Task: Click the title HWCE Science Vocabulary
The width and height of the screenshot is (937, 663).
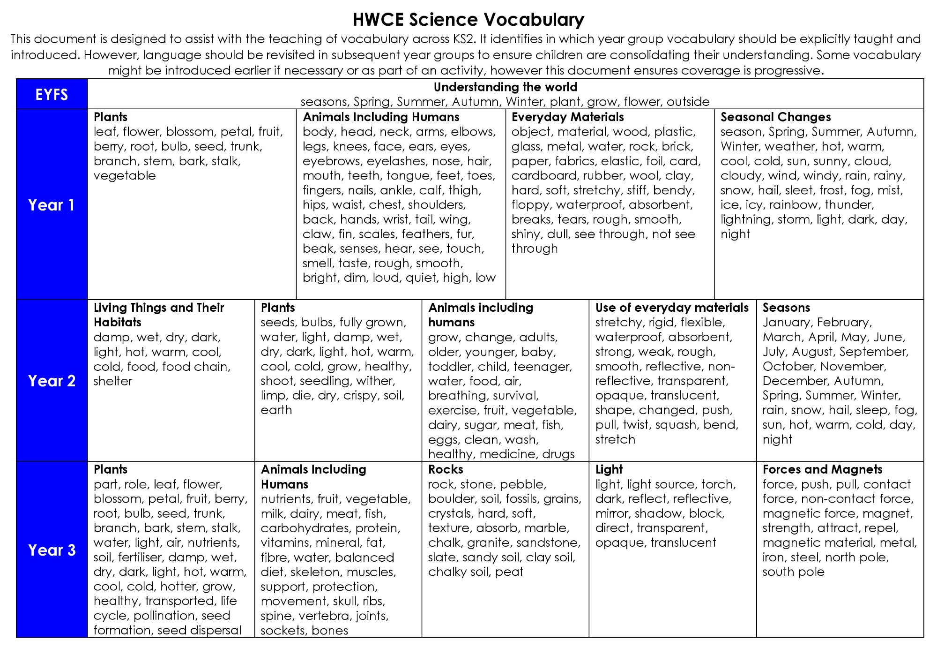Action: click(468, 20)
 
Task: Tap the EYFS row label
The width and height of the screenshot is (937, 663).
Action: click(52, 94)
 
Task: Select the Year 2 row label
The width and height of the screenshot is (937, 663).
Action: click(52, 381)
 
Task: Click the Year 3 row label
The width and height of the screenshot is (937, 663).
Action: click(52, 550)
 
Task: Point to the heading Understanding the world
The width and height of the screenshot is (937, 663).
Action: click(505, 87)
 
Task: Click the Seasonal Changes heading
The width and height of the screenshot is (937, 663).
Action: click(775, 117)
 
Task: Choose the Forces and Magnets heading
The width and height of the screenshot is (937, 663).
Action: click(822, 469)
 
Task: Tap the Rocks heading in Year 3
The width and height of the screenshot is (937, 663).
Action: click(446, 469)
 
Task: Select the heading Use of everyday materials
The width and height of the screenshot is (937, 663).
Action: click(672, 308)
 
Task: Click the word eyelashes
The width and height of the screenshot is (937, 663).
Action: click(396, 161)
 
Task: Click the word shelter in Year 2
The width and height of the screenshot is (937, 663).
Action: click(113, 381)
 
